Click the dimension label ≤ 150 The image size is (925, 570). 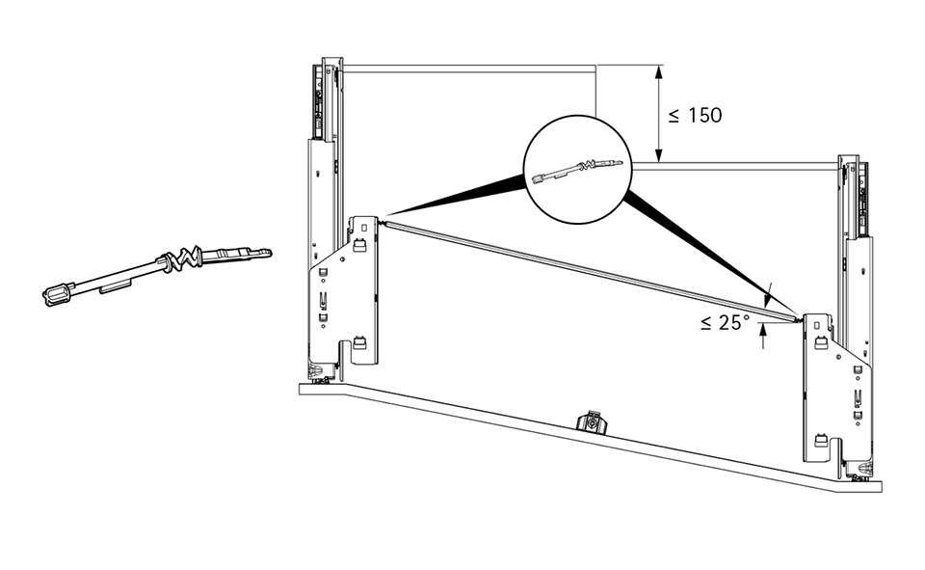pos(695,116)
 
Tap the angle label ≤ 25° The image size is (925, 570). pos(726,323)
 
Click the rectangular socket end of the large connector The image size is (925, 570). pos(59,292)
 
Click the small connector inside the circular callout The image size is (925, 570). pos(578,172)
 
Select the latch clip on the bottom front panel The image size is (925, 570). pos(591,422)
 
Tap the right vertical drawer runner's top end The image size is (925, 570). pos(850,162)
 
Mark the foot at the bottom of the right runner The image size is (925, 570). pos(860,475)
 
